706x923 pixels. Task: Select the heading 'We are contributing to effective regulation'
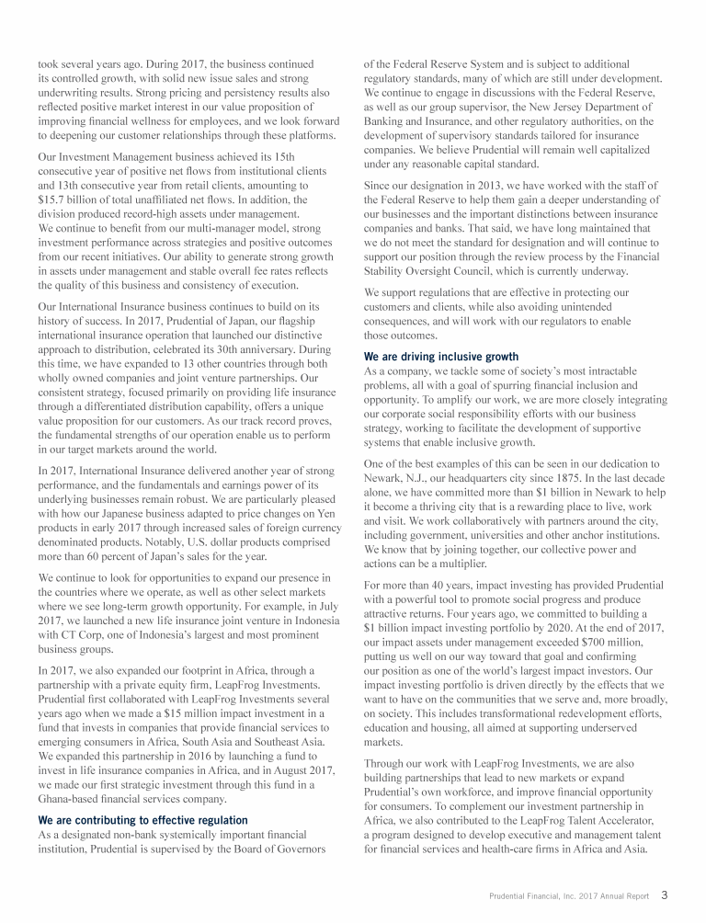(x=142, y=819)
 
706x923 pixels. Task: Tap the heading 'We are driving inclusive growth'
(x=441, y=356)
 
